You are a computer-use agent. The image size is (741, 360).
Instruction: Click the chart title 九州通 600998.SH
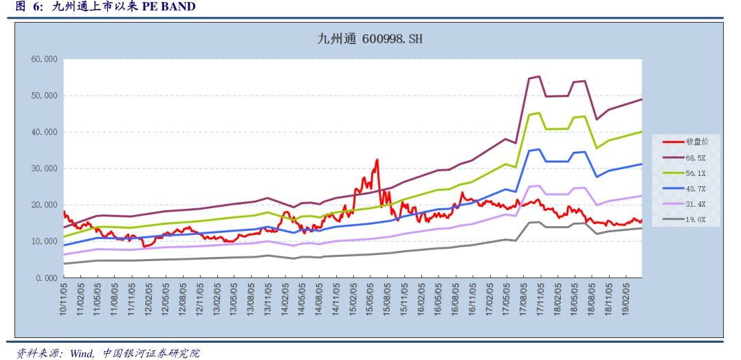tap(370, 39)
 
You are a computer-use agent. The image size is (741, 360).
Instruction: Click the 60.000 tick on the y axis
tap(44, 59)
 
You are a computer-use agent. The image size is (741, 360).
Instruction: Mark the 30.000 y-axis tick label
tap(44, 168)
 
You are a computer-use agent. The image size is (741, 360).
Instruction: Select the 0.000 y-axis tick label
tap(46, 278)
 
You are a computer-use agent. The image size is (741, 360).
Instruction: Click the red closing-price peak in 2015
tap(377, 160)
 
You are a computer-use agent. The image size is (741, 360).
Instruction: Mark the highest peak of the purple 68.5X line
tap(538, 76)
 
